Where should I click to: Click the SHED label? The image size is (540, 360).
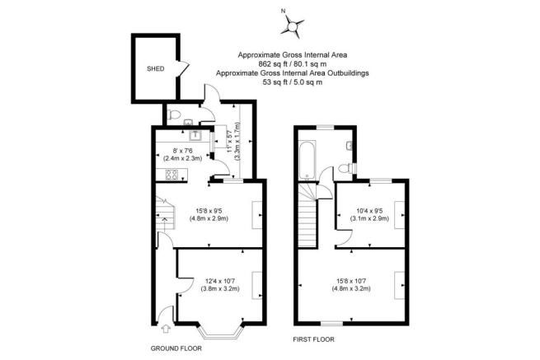pyautogui.click(x=155, y=69)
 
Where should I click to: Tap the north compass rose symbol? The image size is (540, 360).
pyautogui.click(x=293, y=26)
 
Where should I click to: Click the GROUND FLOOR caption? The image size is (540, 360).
pyautogui.click(x=176, y=348)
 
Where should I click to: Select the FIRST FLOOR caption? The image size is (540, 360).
pyautogui.click(x=313, y=339)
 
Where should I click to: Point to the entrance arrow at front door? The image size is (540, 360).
pyautogui.click(x=166, y=329)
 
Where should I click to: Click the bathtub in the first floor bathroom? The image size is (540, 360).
pyautogui.click(x=307, y=160)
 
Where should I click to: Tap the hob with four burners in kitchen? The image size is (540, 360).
pyautogui.click(x=171, y=175)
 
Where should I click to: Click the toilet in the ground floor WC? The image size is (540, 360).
pyautogui.click(x=173, y=115)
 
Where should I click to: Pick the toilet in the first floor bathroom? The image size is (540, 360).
pyautogui.click(x=345, y=169)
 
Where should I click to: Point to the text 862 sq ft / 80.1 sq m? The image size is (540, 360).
pyautogui.click(x=293, y=63)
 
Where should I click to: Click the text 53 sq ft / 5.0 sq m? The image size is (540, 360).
pyautogui.click(x=293, y=82)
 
